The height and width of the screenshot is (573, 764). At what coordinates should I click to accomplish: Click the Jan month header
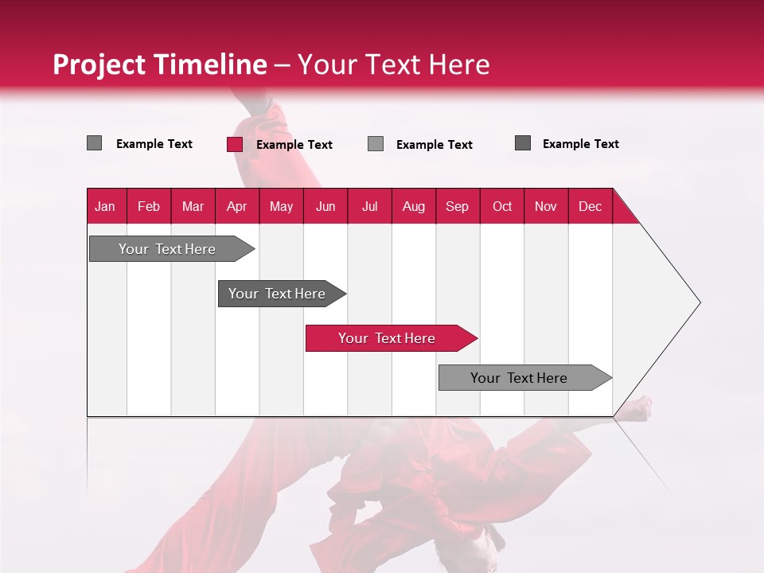pyautogui.click(x=105, y=207)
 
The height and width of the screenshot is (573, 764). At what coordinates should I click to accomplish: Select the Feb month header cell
pyautogui.click(x=149, y=207)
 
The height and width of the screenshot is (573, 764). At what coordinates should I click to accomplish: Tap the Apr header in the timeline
pyautogui.click(x=236, y=207)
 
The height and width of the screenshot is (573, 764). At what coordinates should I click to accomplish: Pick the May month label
pyautogui.click(x=281, y=207)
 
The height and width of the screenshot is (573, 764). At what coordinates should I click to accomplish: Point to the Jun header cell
pyautogui.click(x=325, y=207)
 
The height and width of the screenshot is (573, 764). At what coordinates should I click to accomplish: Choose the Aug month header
pyautogui.click(x=413, y=207)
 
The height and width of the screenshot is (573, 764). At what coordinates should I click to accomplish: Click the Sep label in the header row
pyautogui.click(x=457, y=207)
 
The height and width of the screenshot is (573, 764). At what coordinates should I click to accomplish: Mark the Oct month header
pyautogui.click(x=502, y=207)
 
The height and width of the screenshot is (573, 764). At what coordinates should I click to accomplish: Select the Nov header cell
pyautogui.click(x=546, y=207)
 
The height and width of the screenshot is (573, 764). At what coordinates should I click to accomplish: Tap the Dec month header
pyautogui.click(x=590, y=207)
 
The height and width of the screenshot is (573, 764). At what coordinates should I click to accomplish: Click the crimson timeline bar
pyautogui.click(x=387, y=338)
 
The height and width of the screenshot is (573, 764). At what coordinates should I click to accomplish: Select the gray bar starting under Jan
pyautogui.click(x=167, y=249)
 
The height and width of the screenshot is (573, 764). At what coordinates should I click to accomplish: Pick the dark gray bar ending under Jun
pyautogui.click(x=277, y=294)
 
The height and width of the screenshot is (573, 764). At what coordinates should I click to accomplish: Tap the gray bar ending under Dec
pyautogui.click(x=519, y=378)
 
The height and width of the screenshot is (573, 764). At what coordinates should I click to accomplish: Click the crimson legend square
pyautogui.click(x=235, y=144)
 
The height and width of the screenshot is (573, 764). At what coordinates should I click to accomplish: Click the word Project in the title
pyautogui.click(x=99, y=64)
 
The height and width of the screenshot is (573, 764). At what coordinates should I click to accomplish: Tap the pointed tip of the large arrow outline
pyautogui.click(x=698, y=302)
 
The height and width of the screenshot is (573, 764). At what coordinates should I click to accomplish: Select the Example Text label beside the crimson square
pyautogui.click(x=294, y=145)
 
